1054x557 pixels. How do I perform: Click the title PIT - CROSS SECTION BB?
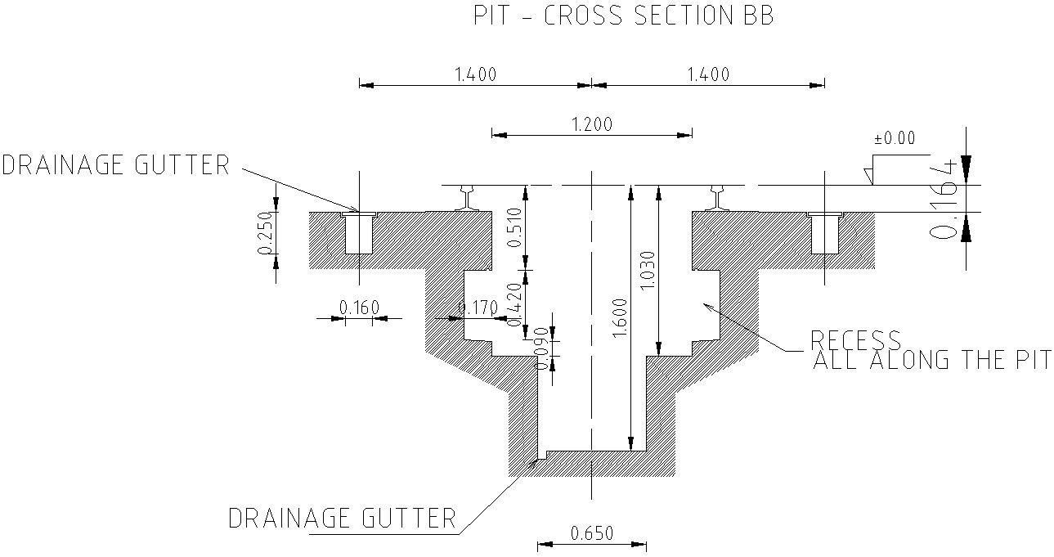624,16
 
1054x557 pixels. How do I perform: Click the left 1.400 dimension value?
475,74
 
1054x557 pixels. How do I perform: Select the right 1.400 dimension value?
707,74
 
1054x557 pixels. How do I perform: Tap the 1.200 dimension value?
591,124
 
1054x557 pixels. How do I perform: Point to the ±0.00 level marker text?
895,138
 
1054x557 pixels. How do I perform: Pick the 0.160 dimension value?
359,308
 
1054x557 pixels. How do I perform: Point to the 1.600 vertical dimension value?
618,319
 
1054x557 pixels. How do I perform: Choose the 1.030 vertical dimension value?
646,270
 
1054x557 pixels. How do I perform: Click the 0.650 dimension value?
592,533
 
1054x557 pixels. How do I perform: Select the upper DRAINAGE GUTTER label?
115,165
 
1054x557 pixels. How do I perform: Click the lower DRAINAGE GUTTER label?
341,518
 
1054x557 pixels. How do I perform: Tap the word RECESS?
855,339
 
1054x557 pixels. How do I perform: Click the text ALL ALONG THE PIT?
931,360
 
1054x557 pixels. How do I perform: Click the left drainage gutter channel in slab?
357,234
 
